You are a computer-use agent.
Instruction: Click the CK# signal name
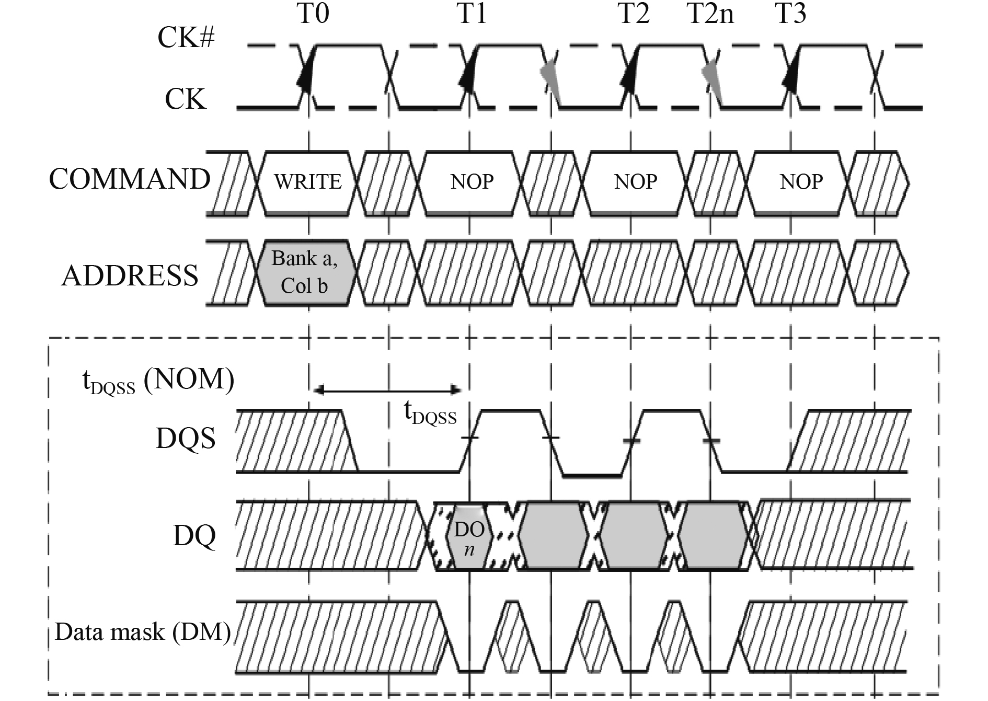click(x=186, y=38)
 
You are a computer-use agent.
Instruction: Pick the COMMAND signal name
click(x=130, y=179)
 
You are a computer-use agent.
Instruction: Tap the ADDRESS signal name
click(x=130, y=275)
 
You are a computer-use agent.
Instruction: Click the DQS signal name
click(x=186, y=438)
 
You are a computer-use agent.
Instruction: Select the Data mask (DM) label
click(x=143, y=632)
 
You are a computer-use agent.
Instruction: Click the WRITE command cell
click(x=308, y=182)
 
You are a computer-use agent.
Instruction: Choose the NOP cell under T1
click(x=472, y=182)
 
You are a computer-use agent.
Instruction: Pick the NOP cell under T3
click(x=801, y=182)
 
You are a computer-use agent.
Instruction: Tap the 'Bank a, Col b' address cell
click(x=305, y=272)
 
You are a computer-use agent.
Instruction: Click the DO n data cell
click(x=469, y=537)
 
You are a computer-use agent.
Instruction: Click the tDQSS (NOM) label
click(x=158, y=381)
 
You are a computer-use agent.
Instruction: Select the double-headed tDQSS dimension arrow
click(x=387, y=390)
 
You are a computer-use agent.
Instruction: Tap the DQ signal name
click(x=194, y=535)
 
